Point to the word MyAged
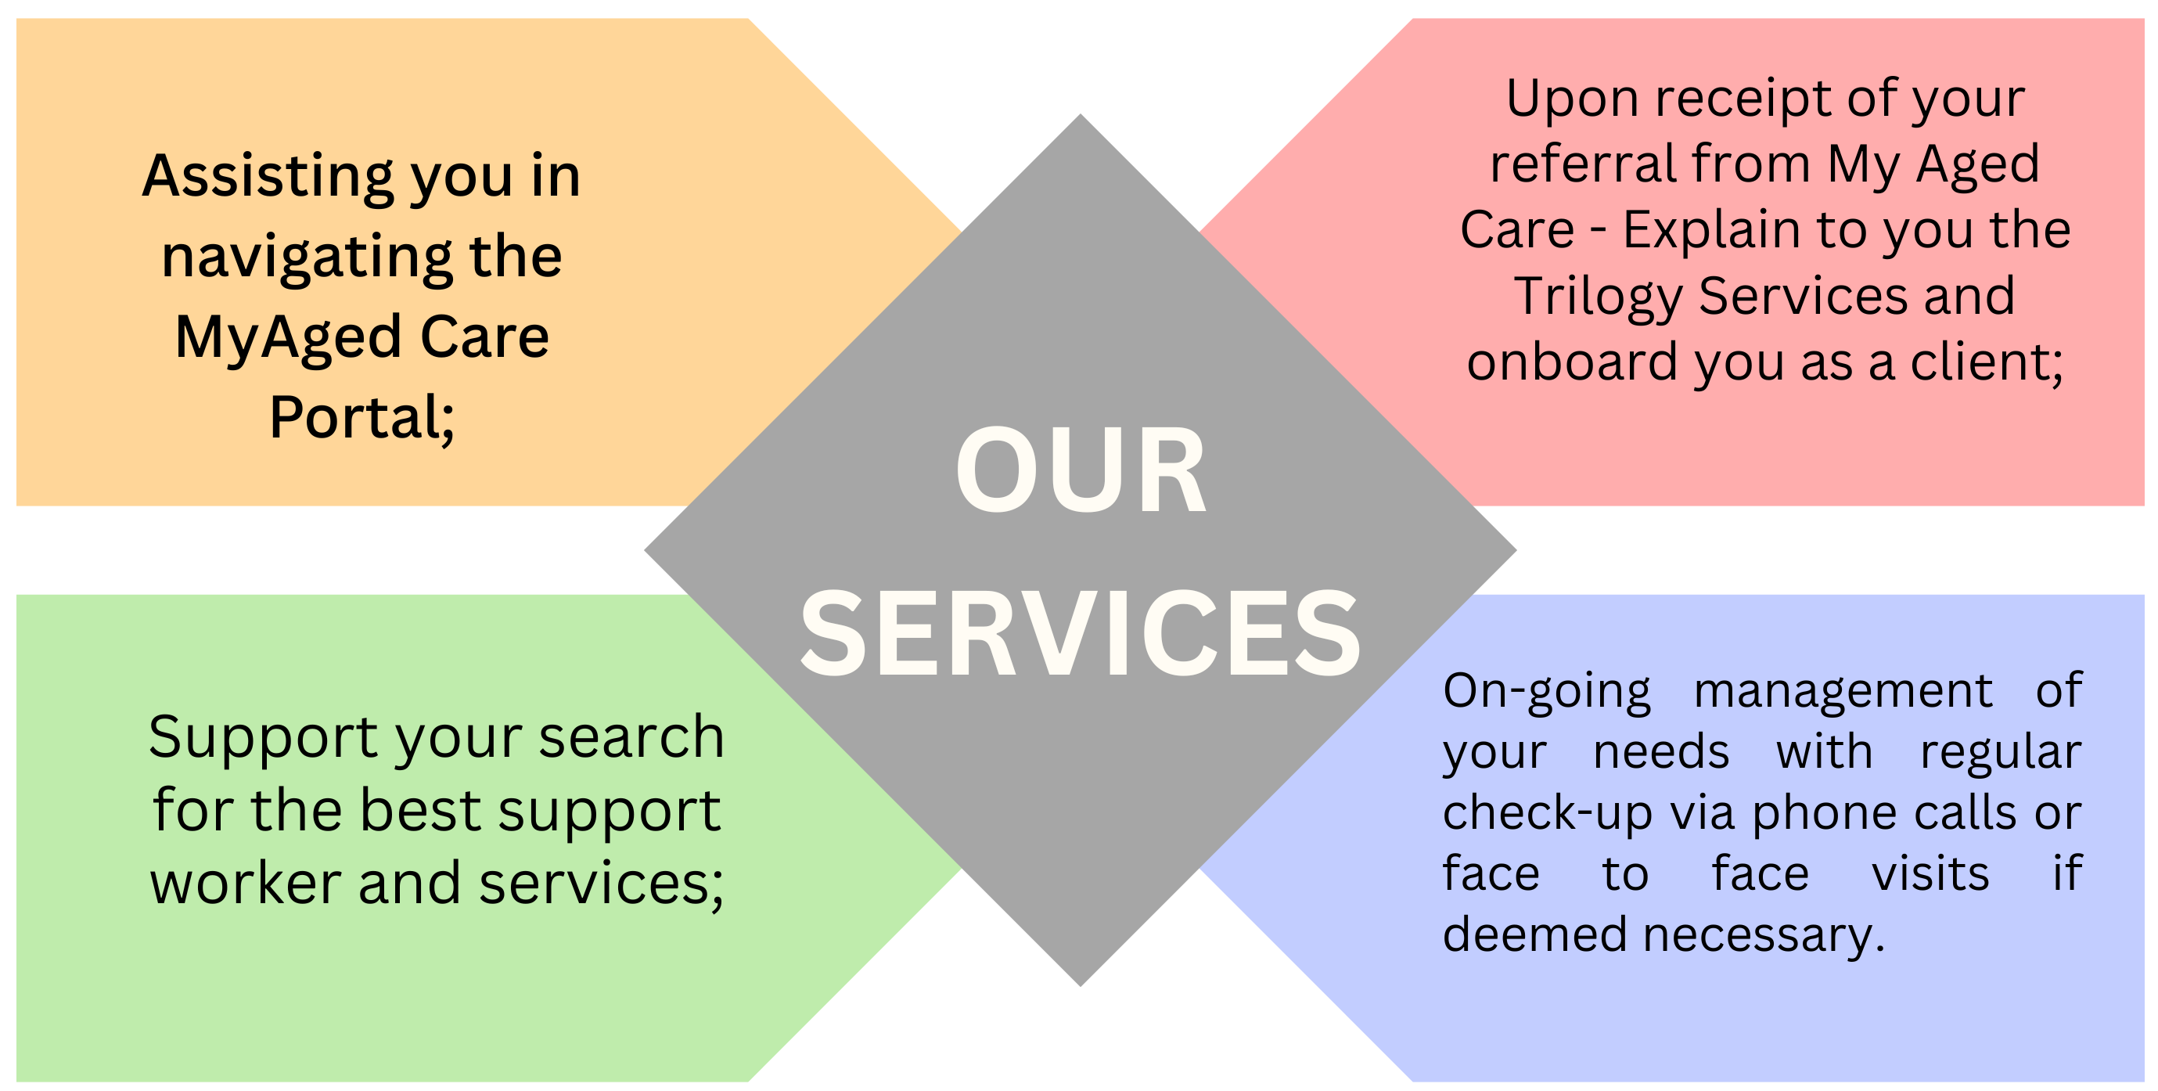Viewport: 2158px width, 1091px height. tap(288, 337)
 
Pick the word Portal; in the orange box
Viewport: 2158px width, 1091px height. tap(362, 417)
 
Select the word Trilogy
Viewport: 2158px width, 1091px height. tap(1599, 297)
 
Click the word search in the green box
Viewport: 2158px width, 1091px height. tap(631, 737)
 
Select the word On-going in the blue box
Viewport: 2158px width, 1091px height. tap(1546, 692)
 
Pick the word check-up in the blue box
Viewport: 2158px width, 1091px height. tap(1546, 813)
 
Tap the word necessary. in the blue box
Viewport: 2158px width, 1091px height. tap(1764, 934)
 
